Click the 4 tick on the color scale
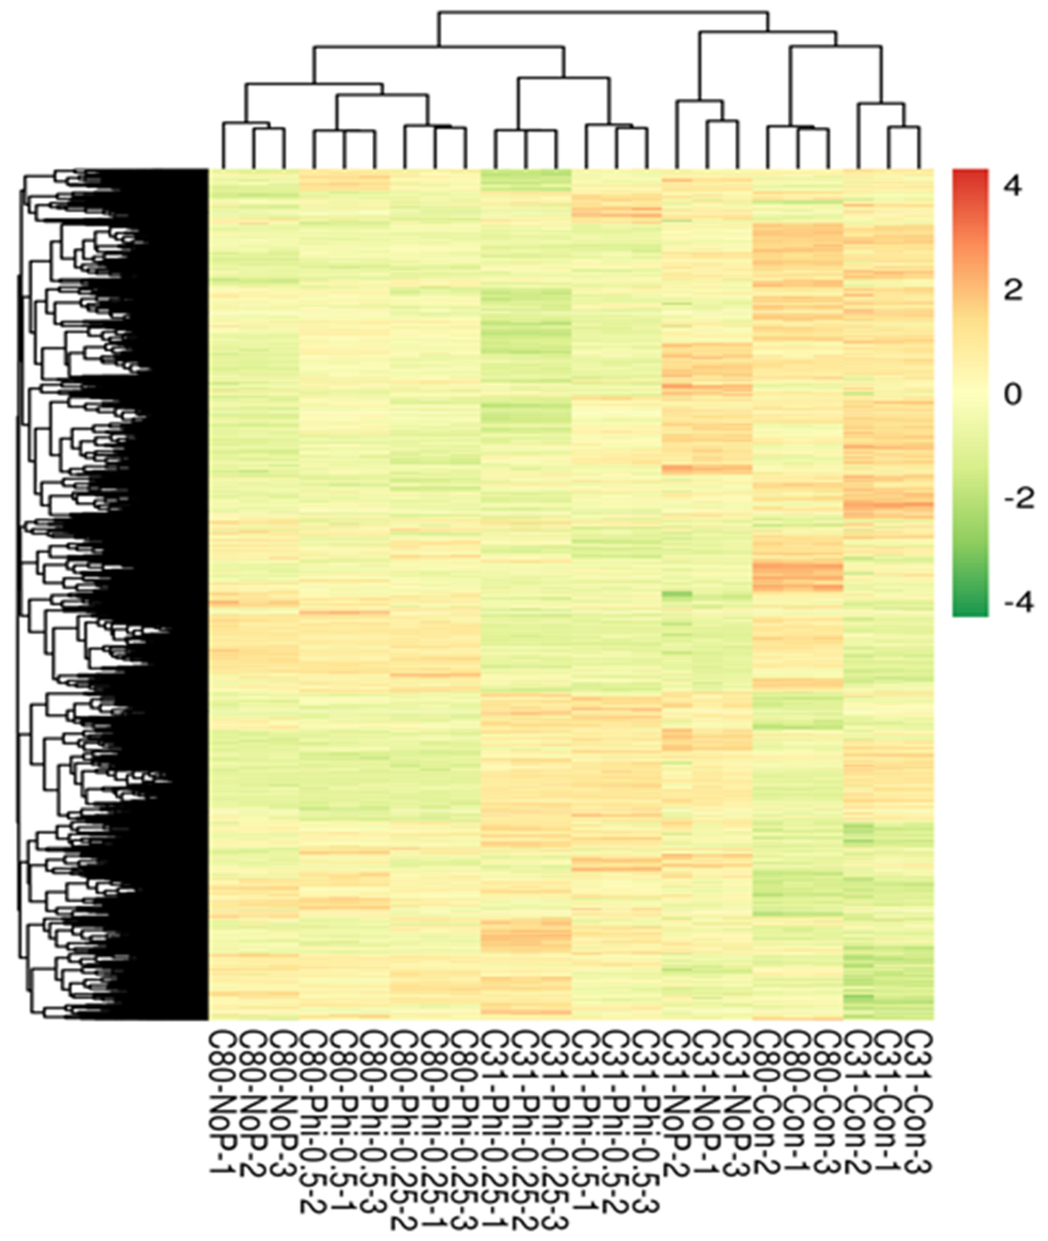click(x=1013, y=188)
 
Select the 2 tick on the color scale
click(x=1013, y=291)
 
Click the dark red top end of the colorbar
click(x=970, y=173)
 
